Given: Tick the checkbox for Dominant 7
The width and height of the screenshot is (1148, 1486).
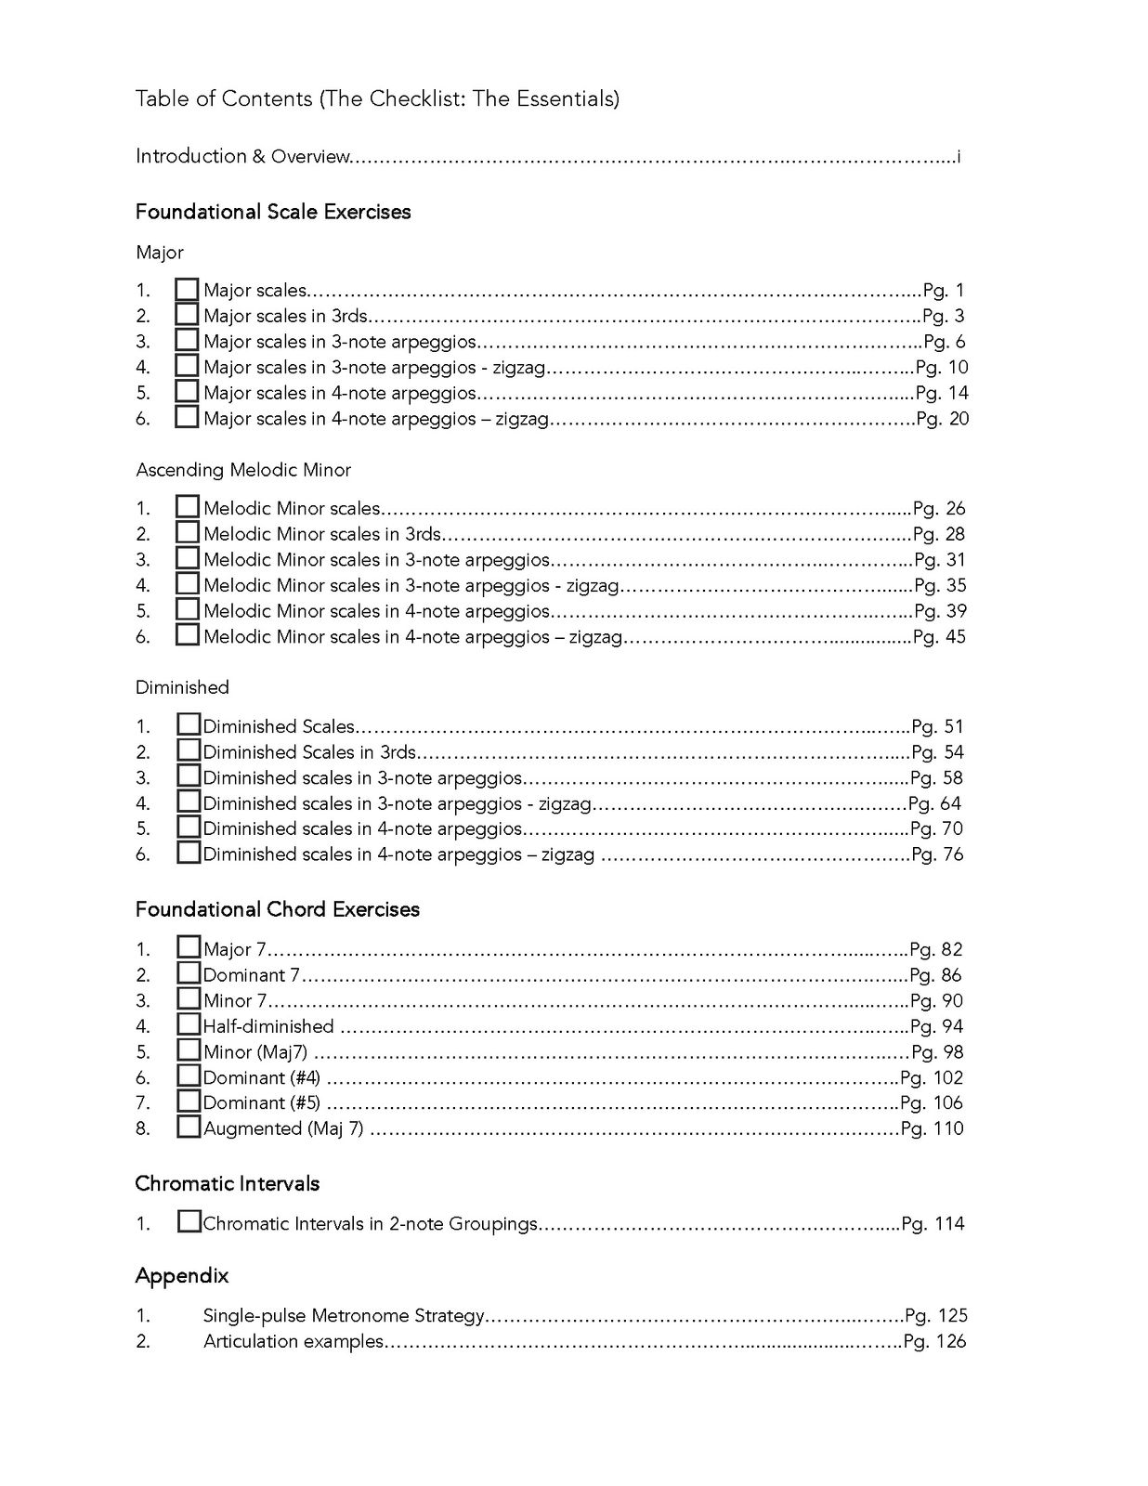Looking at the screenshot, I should (x=189, y=973).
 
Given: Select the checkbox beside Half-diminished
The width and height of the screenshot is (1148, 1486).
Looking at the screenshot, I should (x=189, y=1024).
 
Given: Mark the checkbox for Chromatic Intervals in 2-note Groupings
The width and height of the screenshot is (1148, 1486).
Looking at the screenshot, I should (x=189, y=1222).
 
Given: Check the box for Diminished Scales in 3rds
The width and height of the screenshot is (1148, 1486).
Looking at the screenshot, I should (x=189, y=750).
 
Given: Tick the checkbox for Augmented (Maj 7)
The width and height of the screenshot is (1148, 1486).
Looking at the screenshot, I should (x=189, y=1128).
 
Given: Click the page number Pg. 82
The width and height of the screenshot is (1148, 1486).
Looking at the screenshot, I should (x=936, y=949).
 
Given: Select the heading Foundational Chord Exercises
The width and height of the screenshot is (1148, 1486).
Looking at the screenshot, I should (x=278, y=909).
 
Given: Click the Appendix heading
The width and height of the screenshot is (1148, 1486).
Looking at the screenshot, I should (x=182, y=1276).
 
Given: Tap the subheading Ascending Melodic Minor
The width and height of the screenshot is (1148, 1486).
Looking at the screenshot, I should (x=243, y=470).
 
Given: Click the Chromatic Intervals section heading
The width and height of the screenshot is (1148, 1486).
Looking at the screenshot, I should (x=228, y=1183).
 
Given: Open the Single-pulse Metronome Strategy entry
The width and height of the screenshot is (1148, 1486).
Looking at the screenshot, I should (x=344, y=1315).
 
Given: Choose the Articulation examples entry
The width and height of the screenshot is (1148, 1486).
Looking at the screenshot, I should (x=293, y=1341).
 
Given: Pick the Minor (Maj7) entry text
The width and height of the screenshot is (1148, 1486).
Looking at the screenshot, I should (x=255, y=1051).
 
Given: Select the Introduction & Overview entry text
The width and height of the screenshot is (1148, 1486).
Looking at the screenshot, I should (x=242, y=156).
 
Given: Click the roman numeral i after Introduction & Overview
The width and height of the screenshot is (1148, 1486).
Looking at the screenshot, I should (x=958, y=156).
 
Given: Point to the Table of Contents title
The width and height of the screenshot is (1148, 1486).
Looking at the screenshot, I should (x=377, y=98).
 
